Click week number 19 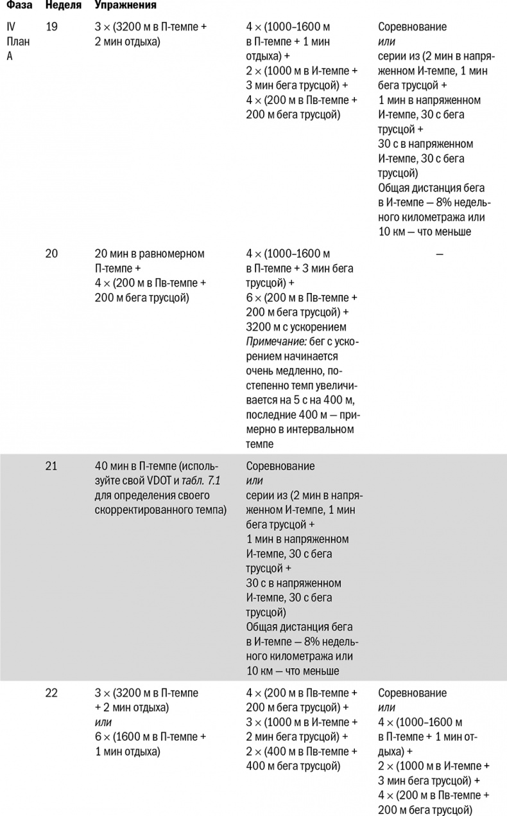tap(51, 28)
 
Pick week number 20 tap(52, 253)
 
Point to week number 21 tap(52, 466)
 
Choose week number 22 tap(52, 693)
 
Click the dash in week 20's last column tap(439, 254)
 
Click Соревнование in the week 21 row tap(280, 466)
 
